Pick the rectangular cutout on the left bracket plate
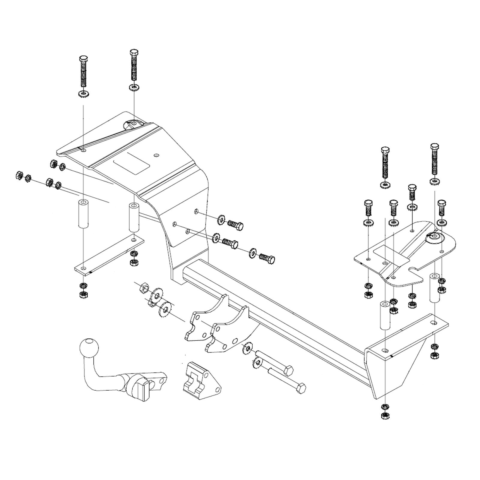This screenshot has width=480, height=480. click(x=131, y=163)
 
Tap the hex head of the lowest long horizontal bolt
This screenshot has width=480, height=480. click(x=301, y=388)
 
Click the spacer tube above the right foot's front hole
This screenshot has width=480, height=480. click(x=385, y=316)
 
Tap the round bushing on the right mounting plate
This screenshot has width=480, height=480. click(x=434, y=237)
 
